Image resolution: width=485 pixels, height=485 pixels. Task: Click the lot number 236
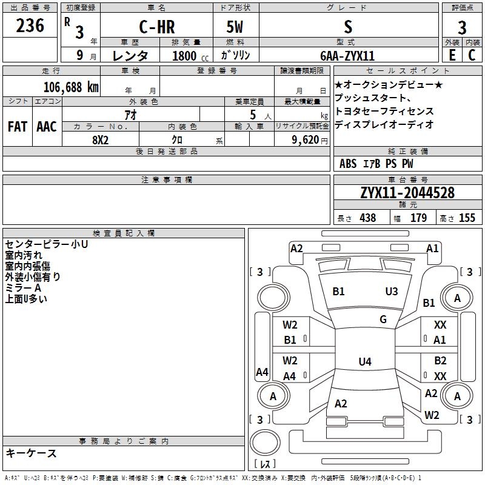[30, 26]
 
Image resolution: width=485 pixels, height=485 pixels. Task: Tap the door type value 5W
[235, 27]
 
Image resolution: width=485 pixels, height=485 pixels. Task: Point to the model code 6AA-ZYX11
[347, 55]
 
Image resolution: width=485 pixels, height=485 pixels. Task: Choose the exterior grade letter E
[452, 55]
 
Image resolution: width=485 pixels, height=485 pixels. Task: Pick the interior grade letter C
[472, 55]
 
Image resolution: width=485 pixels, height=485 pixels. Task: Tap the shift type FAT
[18, 127]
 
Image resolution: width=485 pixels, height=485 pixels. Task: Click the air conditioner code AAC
[46, 127]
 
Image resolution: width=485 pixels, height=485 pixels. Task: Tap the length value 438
[367, 218]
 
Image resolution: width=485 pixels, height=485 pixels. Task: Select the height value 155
[467, 218]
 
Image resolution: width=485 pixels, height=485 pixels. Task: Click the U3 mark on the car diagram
[392, 292]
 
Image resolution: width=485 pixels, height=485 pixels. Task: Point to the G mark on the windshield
[383, 319]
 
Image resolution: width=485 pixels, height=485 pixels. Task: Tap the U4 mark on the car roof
[364, 362]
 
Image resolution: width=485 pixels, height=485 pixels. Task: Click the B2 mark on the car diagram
[440, 361]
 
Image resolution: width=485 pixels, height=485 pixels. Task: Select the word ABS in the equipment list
[348, 164]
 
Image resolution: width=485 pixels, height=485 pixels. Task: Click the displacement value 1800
[184, 56]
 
